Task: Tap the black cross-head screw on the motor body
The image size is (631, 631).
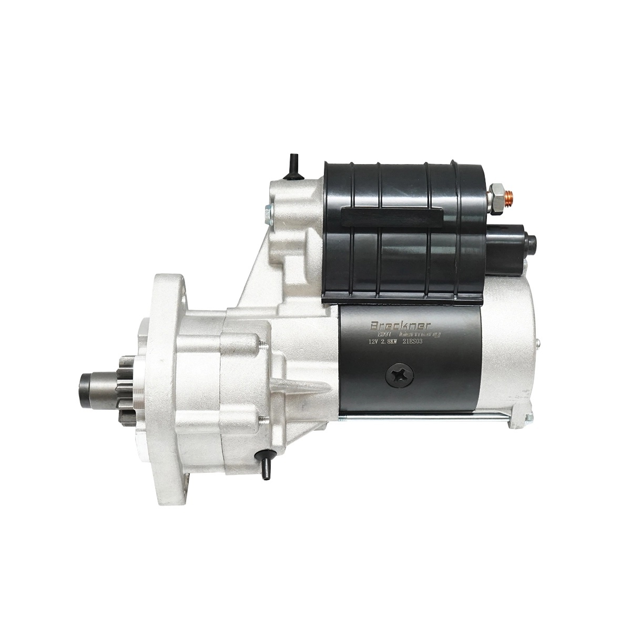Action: coord(400,374)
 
